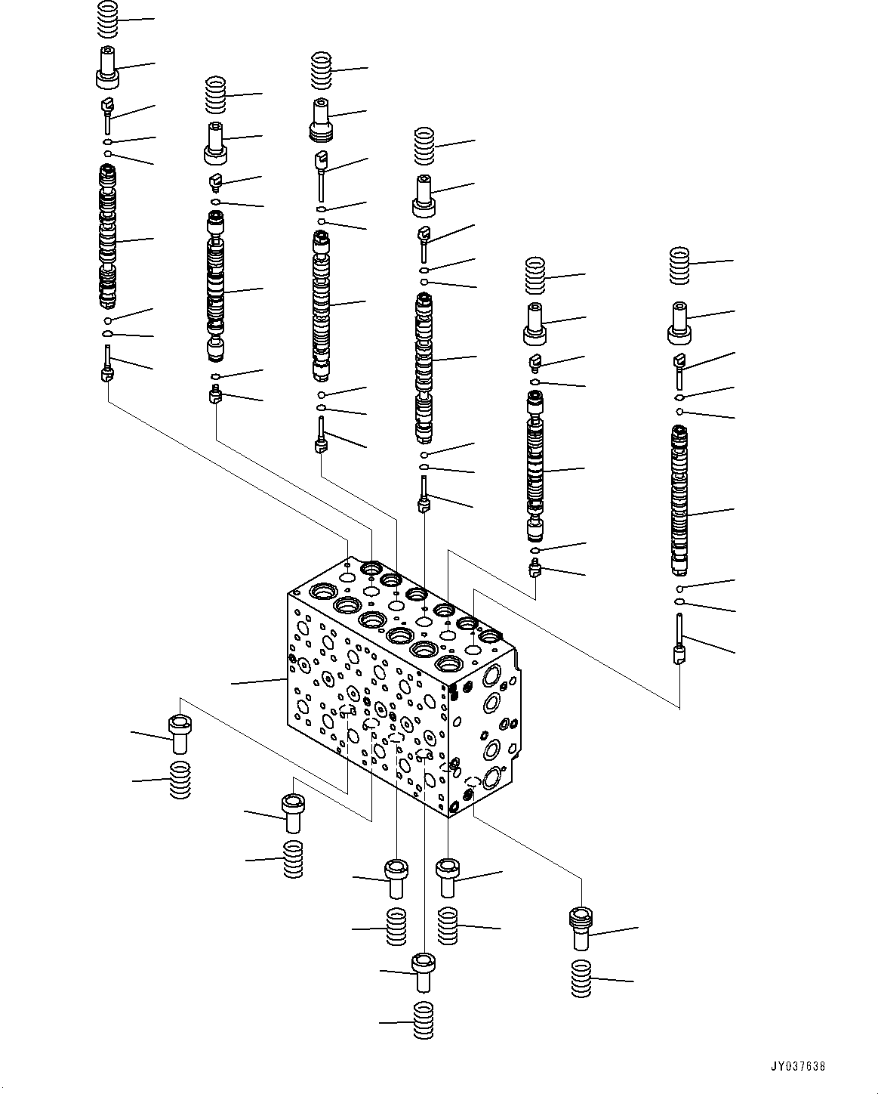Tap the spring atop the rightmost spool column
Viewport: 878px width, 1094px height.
click(x=680, y=265)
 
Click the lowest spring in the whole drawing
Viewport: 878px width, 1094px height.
click(x=424, y=1021)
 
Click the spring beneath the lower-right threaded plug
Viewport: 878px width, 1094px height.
click(x=581, y=979)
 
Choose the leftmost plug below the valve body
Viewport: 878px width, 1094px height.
click(x=180, y=734)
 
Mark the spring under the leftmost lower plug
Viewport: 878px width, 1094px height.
click(x=180, y=780)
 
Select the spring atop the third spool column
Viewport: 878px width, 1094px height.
click(x=322, y=70)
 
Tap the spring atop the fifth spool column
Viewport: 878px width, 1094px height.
click(x=535, y=276)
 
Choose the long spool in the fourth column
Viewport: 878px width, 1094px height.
click(x=425, y=366)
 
